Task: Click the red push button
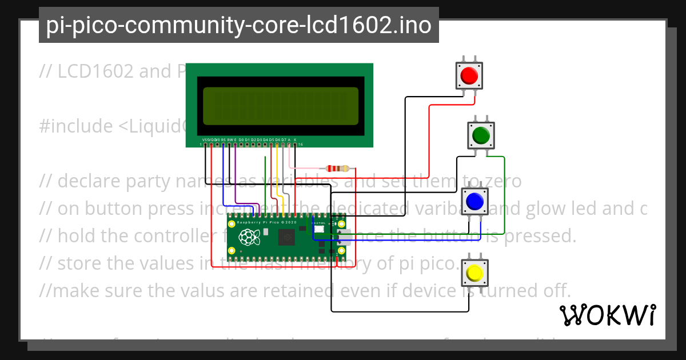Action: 469,75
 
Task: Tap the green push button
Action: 481,135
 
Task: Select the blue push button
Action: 474,201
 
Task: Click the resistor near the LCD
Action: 337,169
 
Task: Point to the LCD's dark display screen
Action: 280,106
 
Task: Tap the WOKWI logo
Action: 607,315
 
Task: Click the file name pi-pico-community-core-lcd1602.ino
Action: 238,25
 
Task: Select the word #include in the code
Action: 76,126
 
